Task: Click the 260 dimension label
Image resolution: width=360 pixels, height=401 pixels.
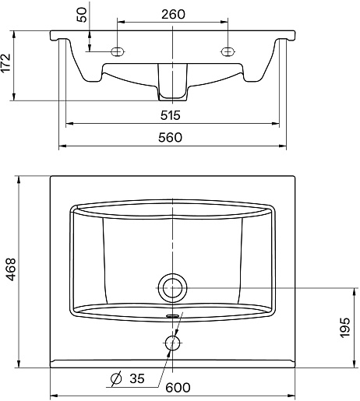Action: pyautogui.click(x=173, y=14)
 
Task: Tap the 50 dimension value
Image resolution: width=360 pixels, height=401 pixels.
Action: pyautogui.click(x=82, y=15)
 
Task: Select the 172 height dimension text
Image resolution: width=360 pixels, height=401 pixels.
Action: pyautogui.click(x=5, y=63)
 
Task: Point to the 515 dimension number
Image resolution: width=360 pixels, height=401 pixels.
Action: pyautogui.click(x=170, y=115)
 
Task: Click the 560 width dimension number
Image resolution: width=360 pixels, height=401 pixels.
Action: pyautogui.click(x=170, y=137)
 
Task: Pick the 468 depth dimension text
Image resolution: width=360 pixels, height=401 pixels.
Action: pyautogui.click(x=11, y=269)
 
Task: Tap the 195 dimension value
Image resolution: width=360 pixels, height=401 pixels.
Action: pyautogui.click(x=345, y=328)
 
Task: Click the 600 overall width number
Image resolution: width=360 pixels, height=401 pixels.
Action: pyautogui.click(x=178, y=388)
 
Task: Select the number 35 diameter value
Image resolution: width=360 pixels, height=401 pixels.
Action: pyautogui.click(x=137, y=378)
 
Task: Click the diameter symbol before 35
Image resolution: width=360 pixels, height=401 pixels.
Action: pyautogui.click(x=116, y=378)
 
